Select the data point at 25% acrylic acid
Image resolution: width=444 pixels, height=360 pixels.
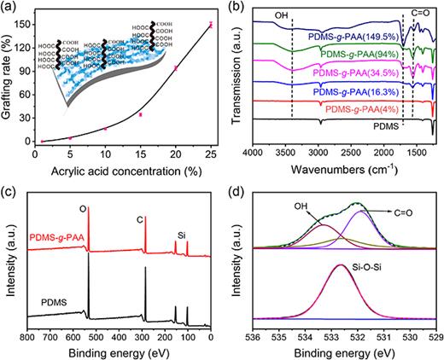(x=211, y=25)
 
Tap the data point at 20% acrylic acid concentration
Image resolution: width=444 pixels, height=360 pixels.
(x=175, y=67)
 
